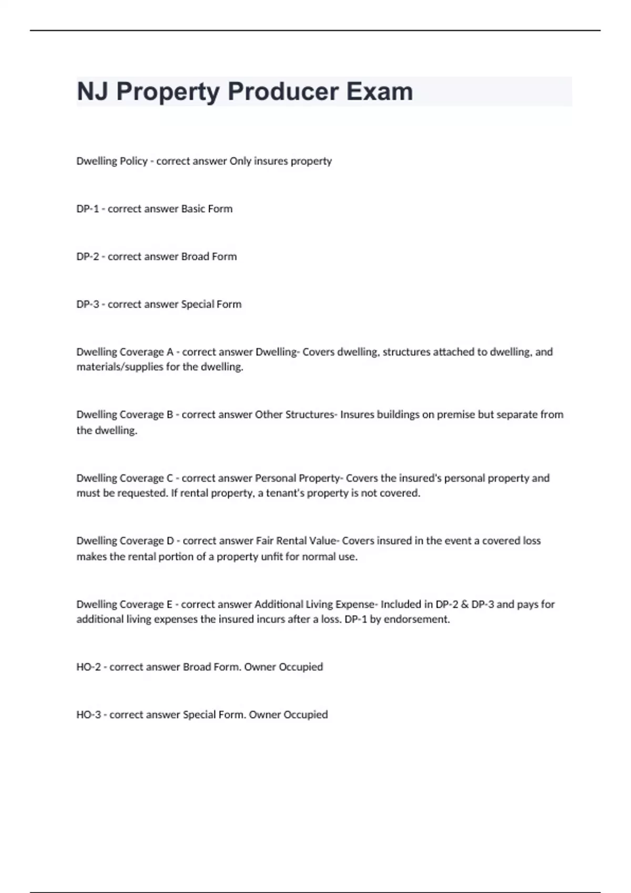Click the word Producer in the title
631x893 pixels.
[280, 91]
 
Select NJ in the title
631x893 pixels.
[93, 91]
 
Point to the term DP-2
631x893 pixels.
[88, 256]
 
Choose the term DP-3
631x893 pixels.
[88, 304]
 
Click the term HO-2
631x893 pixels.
[88, 667]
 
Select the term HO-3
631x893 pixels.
[88, 714]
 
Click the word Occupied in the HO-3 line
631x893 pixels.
[306, 714]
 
